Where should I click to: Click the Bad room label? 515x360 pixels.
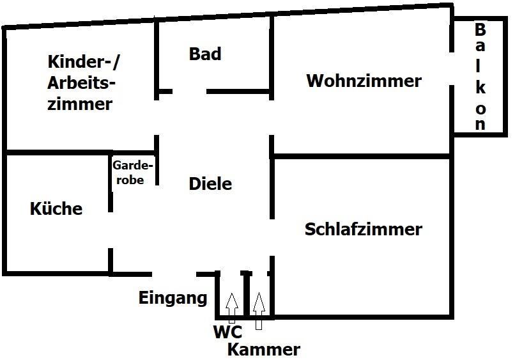pos(205,54)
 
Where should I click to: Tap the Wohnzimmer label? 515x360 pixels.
pos(364,81)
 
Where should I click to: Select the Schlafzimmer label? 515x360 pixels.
pos(364,229)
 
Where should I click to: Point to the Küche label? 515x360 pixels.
pos(56,208)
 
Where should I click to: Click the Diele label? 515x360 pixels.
pos(210,184)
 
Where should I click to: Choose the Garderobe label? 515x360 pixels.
pos(132,173)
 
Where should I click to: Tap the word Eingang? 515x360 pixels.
pos(173,299)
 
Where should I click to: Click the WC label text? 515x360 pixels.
pos(227,331)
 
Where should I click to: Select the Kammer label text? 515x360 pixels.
pos(264,350)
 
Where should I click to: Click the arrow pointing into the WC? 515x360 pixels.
pos(232,308)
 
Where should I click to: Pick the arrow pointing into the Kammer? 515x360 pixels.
pos(259,311)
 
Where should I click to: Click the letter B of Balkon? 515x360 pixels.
pos(480,29)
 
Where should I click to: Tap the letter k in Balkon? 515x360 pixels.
pos(481,88)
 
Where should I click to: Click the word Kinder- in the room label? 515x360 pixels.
pos(84,61)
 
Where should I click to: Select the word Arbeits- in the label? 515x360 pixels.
pos(81,83)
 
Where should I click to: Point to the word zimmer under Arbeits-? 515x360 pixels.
pos(80,104)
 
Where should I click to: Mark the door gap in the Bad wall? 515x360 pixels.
pos(190,91)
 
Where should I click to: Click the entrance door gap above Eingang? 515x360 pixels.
pos(174,274)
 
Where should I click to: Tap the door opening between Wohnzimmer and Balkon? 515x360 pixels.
pos(452,68)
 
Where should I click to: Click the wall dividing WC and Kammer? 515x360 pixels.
pos(247,294)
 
